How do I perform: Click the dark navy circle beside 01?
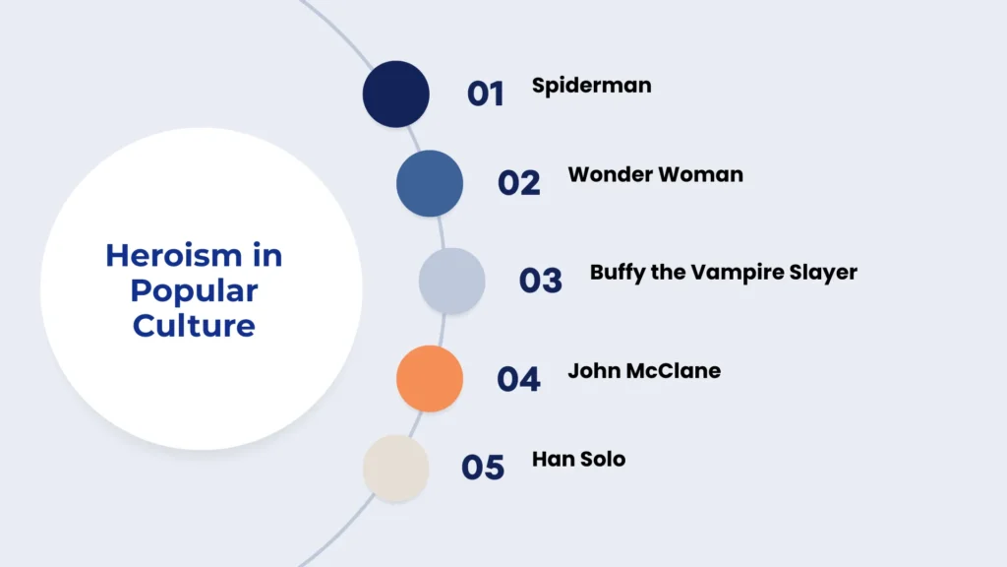coord(396,94)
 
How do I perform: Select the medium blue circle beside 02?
coord(430,183)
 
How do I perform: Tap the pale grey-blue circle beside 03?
coord(452,281)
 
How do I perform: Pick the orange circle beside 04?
coord(430,378)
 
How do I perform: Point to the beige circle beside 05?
coord(396,468)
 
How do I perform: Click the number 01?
coord(485,94)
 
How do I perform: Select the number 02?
coord(519,183)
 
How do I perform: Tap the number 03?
coord(541,281)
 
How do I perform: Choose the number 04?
coord(518,379)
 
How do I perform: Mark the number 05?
coord(483,468)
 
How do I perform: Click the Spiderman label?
coord(591,86)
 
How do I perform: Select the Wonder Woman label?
coord(655,175)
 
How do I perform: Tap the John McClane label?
coord(644,371)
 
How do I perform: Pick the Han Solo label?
coord(578,459)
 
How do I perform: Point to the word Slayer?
coord(824,273)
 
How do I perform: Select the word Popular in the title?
coord(194,290)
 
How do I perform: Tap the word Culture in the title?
coord(194,325)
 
